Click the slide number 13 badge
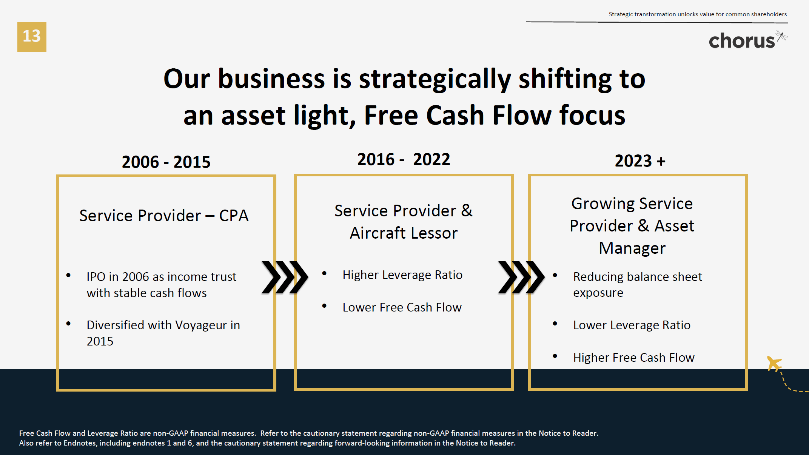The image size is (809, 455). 32,37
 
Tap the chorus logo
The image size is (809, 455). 741,41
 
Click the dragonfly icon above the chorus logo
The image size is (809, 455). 781,36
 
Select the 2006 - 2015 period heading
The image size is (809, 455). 166,162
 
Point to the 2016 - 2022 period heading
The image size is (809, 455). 404,159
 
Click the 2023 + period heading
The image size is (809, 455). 640,161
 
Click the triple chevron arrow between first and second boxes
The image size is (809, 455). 285,277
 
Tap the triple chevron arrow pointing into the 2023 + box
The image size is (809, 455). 521,277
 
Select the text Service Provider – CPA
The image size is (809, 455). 164,216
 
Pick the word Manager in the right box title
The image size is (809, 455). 632,248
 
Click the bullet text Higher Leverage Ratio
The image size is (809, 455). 402,275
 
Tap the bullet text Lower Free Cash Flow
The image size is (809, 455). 402,307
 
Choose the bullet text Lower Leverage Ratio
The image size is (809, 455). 632,325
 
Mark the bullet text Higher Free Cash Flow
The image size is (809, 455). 633,358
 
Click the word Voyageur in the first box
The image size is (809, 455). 201,325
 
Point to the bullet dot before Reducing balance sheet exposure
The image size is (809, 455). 555,275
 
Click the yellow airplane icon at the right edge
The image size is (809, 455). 774,364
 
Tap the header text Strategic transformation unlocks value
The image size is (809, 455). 698,14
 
